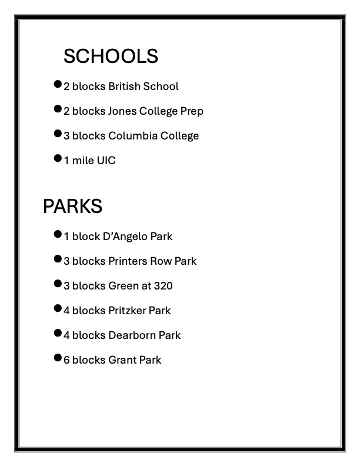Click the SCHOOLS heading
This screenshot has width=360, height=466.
click(111, 56)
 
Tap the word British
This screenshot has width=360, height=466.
click(124, 86)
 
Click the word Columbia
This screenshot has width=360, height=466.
click(132, 136)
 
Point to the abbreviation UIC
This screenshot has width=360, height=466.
click(106, 161)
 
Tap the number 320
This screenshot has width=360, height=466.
click(163, 286)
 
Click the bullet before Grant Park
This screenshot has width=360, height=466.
click(58, 357)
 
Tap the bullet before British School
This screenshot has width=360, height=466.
click(58, 84)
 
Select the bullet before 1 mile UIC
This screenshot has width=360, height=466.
click(58, 158)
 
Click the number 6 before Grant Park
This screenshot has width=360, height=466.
click(66, 360)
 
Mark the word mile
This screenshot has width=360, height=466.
click(82, 161)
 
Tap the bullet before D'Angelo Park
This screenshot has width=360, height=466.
click(58, 234)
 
